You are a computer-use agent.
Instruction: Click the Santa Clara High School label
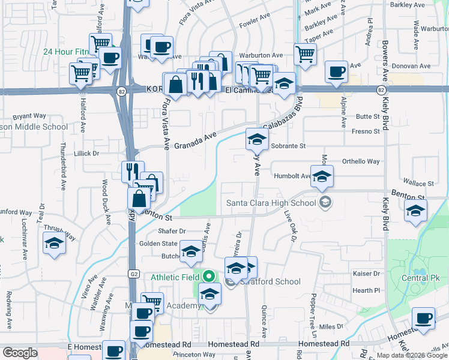pos(271,203)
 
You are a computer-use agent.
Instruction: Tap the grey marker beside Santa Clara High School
pos(325,202)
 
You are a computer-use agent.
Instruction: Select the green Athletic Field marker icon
pos(208,277)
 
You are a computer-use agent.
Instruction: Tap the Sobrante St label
pos(288,146)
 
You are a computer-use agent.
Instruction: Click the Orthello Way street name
pos(361,161)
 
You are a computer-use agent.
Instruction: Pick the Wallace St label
pos(418,183)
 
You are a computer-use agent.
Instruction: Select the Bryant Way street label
pos(29,116)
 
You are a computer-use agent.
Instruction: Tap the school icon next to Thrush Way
pos(54,244)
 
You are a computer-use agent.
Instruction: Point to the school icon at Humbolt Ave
pos(322,176)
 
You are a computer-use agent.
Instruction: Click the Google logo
pos(20,353)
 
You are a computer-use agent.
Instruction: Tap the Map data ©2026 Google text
pos(412,356)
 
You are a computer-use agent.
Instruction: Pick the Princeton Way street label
pos(176,355)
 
